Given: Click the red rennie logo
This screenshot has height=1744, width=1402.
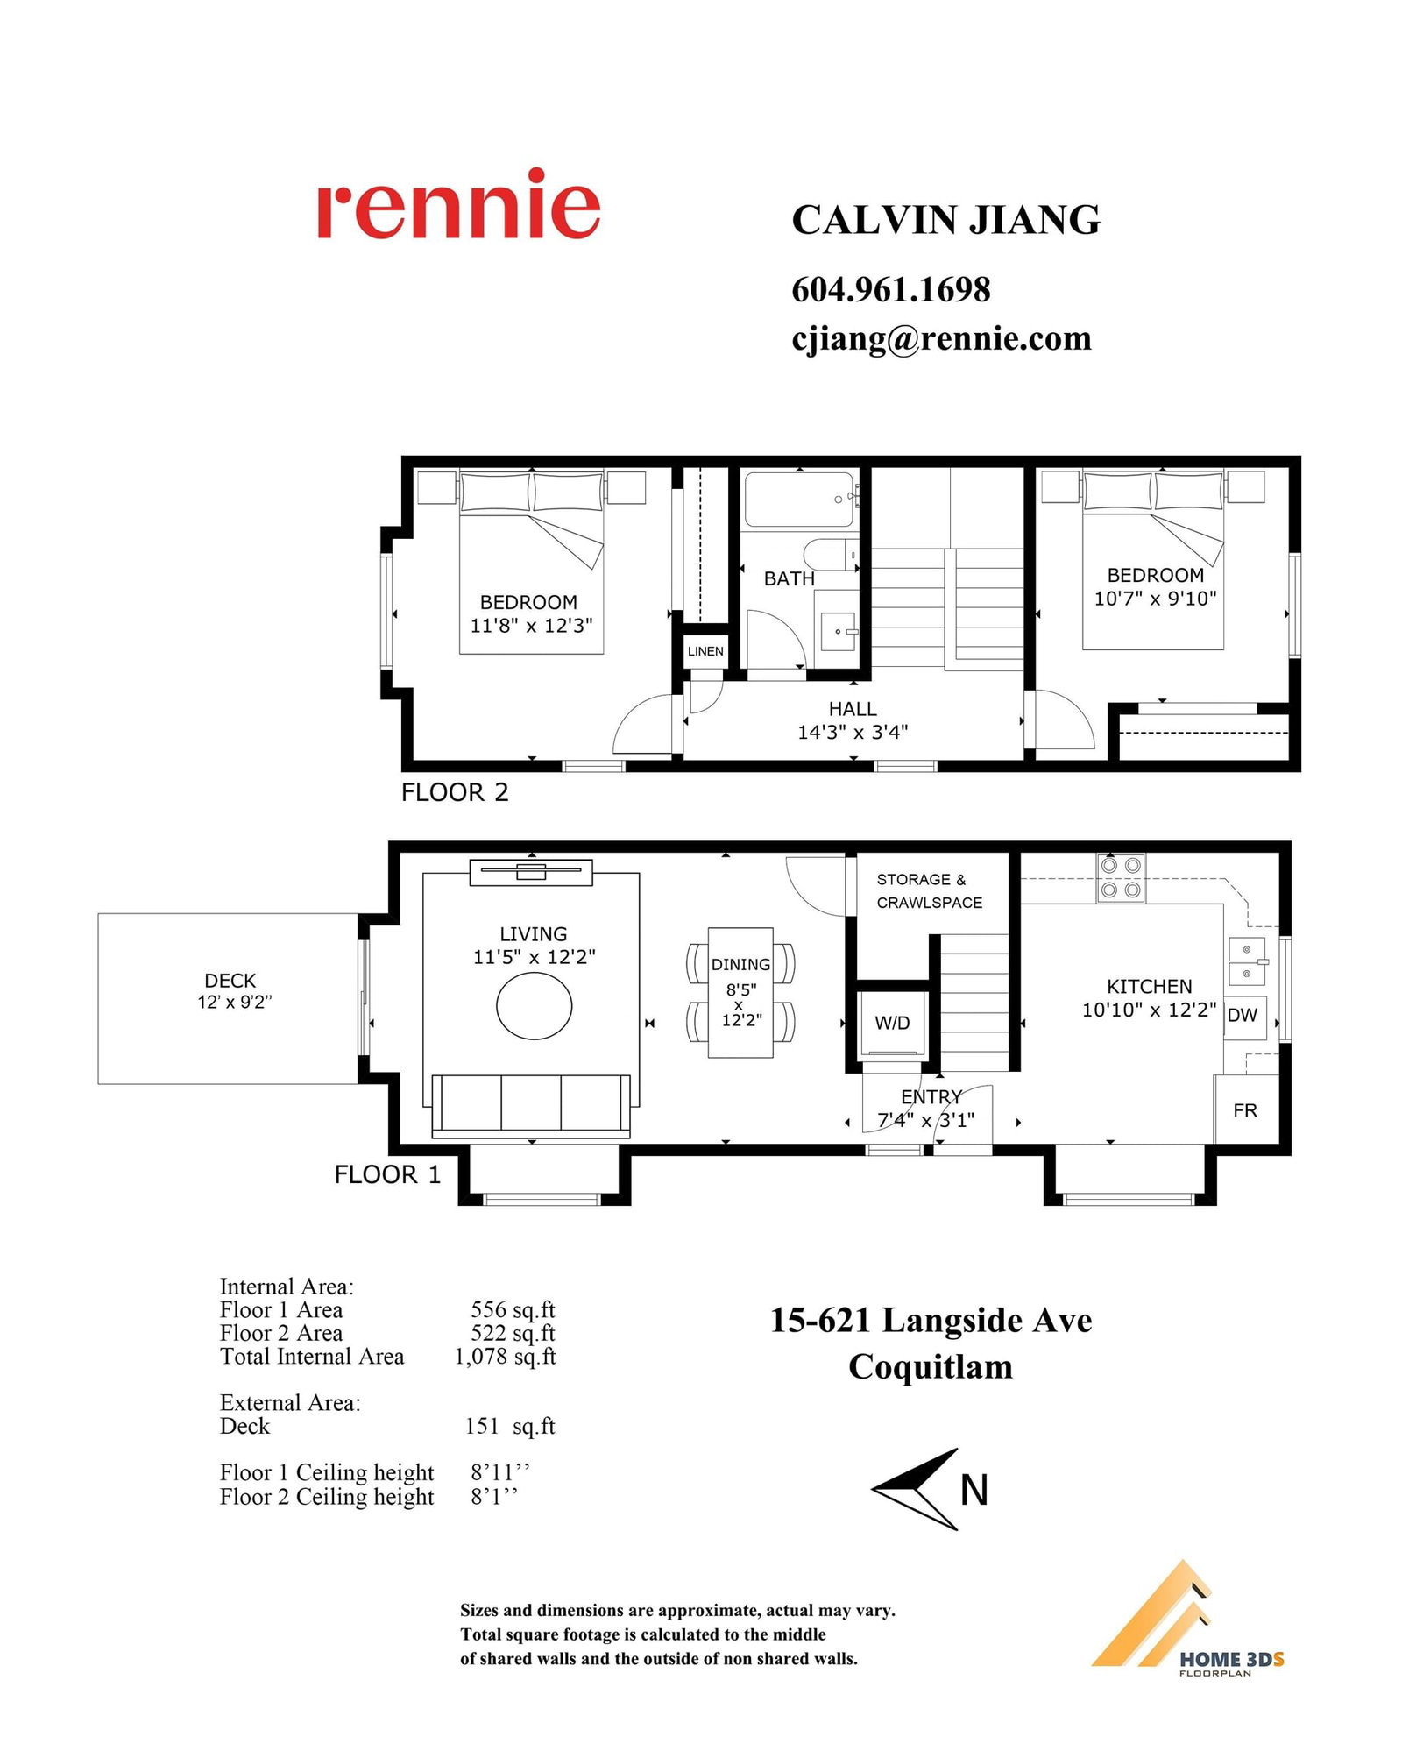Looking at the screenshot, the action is (x=458, y=203).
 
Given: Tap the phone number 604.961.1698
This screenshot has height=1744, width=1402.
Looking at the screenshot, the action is (x=891, y=290).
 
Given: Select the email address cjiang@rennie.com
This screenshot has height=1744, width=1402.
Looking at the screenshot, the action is (x=942, y=339).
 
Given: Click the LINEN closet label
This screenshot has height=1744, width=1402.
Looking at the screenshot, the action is (x=705, y=651).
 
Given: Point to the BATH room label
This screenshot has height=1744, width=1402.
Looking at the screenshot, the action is (x=789, y=579).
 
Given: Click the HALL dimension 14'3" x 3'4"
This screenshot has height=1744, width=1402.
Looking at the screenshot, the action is (x=853, y=732).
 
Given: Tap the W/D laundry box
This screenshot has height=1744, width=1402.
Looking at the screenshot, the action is (x=892, y=1023).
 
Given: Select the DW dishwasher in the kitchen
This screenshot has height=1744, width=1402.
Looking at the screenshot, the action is (x=1244, y=1016).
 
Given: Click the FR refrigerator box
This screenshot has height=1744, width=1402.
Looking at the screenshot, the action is (x=1245, y=1110).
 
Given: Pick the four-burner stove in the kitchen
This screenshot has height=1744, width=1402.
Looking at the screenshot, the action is (x=1121, y=877).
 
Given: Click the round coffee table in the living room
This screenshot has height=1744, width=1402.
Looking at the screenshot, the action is (x=534, y=1006).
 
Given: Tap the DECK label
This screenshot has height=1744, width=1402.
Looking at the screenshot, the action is (x=230, y=981).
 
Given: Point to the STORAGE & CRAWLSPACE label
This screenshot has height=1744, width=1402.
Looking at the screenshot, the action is (x=930, y=890).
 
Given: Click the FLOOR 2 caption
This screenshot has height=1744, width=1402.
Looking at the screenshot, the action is (x=455, y=792).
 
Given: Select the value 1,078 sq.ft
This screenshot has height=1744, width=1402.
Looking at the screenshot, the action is (x=505, y=1357).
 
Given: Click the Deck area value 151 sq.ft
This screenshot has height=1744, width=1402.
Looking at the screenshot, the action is (x=510, y=1426).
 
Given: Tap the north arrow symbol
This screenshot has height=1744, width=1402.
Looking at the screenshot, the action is (x=916, y=1490).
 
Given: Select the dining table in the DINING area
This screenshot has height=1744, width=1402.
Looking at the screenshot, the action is (x=740, y=992).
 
